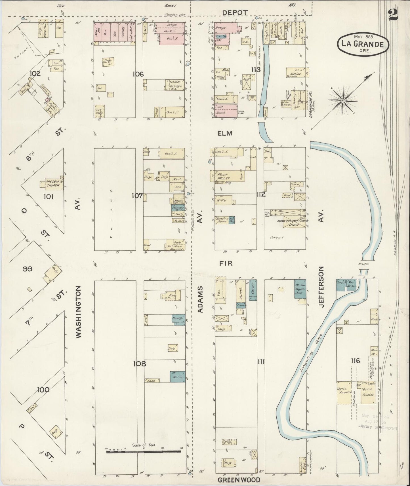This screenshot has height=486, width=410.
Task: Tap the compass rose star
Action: click(x=343, y=100)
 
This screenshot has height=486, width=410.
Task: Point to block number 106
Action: click(x=138, y=74)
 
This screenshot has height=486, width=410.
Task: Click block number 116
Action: click(x=355, y=361)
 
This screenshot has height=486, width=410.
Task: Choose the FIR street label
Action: click(x=226, y=263)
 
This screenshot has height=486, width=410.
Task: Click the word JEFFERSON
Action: click(x=321, y=287)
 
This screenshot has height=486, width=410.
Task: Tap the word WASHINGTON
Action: click(x=79, y=312)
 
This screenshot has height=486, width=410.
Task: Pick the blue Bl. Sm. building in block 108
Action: click(x=177, y=377)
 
